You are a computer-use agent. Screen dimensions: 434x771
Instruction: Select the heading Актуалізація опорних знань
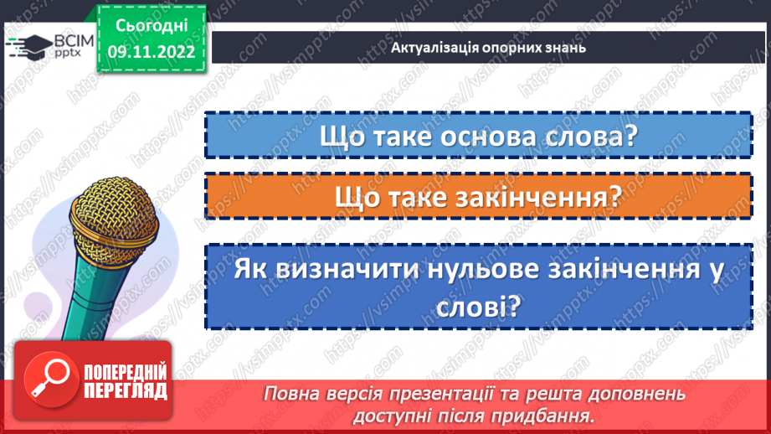pos(488,47)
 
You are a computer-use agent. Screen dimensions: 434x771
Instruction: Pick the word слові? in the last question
pos(478,307)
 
